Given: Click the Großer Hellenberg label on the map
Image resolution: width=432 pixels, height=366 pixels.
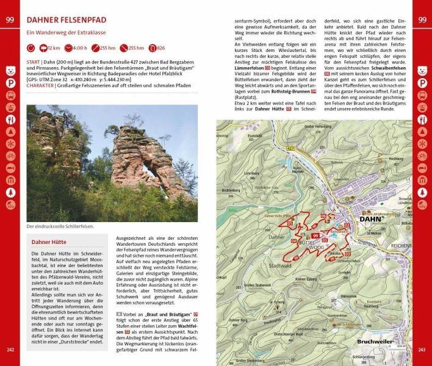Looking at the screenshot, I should tap(317, 127).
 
